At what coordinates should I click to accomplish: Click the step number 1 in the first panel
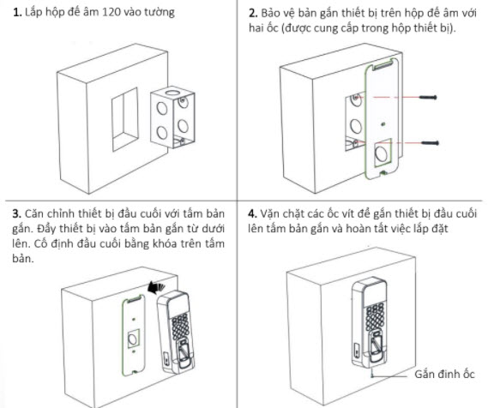pyautogui.click(x=17, y=13)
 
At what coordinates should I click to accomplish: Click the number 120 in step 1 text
pyautogui.click(x=111, y=12)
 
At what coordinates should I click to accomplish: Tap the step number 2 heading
pyautogui.click(x=253, y=14)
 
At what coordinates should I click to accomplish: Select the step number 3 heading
pyautogui.click(x=17, y=213)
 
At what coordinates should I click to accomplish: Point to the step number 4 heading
pyautogui.click(x=252, y=213)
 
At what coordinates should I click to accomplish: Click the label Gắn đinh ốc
pyautogui.click(x=444, y=374)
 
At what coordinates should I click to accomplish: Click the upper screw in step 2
pyautogui.click(x=428, y=98)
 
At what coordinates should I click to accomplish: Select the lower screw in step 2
pyautogui.click(x=430, y=143)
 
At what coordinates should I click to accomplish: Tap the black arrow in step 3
pyautogui.click(x=157, y=287)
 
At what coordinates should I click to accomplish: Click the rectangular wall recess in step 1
pyautogui.click(x=125, y=119)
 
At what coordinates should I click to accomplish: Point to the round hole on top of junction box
pyautogui.click(x=171, y=93)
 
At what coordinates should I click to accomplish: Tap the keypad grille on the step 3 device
pyautogui.click(x=181, y=327)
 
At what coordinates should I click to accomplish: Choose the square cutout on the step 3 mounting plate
pyautogui.click(x=134, y=338)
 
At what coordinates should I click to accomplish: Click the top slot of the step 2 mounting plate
pyautogui.click(x=381, y=66)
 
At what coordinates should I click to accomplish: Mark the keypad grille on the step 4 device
pyautogui.click(x=375, y=316)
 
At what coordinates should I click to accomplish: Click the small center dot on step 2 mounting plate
pyautogui.click(x=383, y=124)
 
